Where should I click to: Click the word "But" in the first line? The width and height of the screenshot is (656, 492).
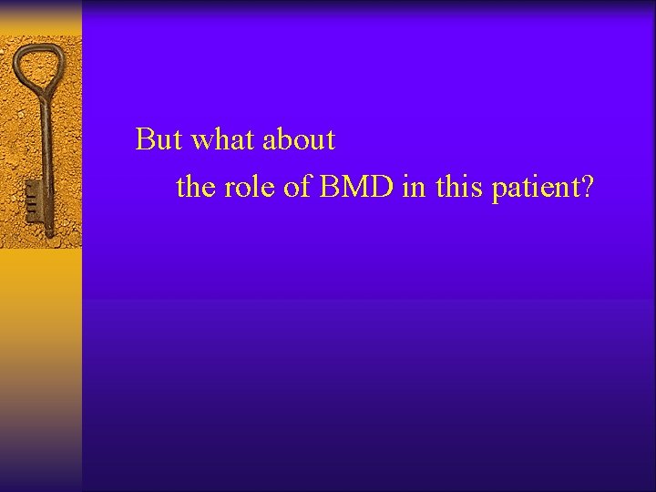159,139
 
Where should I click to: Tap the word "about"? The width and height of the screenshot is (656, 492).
299,139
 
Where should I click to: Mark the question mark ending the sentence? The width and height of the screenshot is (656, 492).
588,188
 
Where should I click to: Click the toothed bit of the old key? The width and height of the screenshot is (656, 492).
34,196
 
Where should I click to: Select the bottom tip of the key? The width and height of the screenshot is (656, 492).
48,235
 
